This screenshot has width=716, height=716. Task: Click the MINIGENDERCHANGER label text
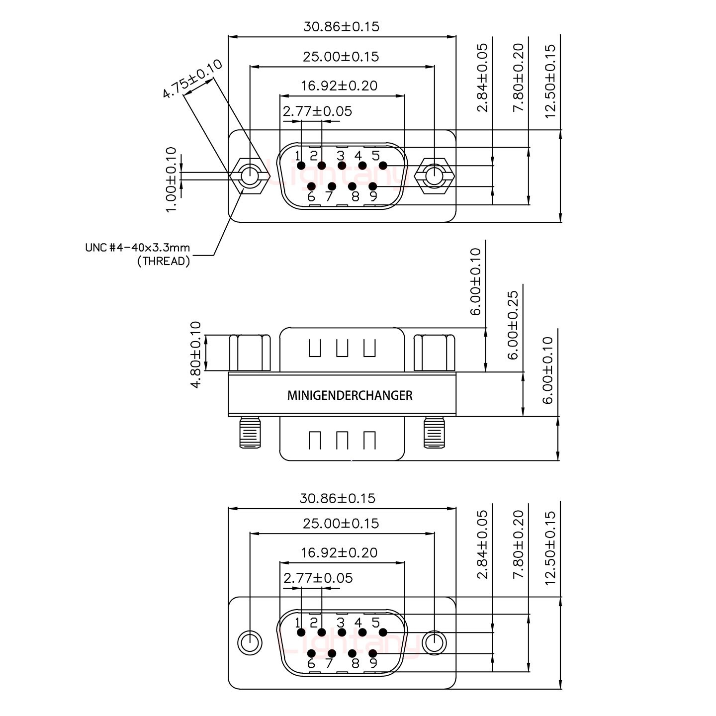click(x=350, y=396)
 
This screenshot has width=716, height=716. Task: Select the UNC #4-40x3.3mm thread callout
click(x=138, y=254)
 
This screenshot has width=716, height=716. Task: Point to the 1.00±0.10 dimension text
click(x=171, y=179)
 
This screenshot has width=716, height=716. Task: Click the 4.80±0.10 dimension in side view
click(x=195, y=354)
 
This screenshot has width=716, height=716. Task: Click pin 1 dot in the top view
click(x=300, y=166)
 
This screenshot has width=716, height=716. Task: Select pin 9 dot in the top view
click(x=372, y=186)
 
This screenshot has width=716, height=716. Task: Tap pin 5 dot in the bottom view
click(x=383, y=632)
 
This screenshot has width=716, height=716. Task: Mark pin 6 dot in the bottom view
click(x=311, y=653)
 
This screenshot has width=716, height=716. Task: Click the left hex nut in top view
click(x=250, y=176)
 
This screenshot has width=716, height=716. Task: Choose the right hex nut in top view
click(x=434, y=176)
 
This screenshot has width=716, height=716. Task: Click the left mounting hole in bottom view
click(x=250, y=643)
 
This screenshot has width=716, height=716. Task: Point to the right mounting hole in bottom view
click(x=434, y=643)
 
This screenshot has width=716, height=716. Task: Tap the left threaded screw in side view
click(x=250, y=433)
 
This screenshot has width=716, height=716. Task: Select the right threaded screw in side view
click(x=434, y=433)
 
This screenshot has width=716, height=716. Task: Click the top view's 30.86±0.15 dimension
click(x=341, y=26)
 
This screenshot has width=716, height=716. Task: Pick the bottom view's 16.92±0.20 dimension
click(x=339, y=552)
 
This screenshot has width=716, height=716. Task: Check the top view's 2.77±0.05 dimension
click(x=317, y=111)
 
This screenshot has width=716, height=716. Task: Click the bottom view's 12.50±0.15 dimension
click(x=549, y=548)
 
